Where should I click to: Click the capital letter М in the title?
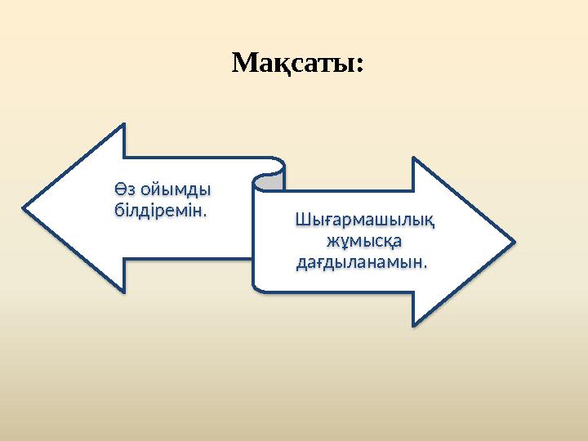click(244, 62)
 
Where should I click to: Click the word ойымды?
click(175, 190)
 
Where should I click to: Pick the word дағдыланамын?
click(360, 263)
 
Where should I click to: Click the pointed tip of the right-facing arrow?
click(514, 242)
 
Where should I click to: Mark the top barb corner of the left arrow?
click(125, 125)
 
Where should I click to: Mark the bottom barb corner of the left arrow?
click(125, 292)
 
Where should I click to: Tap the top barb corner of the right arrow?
click(414, 158)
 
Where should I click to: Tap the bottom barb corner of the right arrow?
click(414, 325)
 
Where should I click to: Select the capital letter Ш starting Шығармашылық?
click(301, 220)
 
